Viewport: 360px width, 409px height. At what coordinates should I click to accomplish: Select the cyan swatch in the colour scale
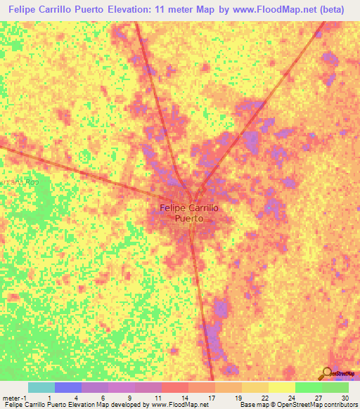click(x=41, y=387)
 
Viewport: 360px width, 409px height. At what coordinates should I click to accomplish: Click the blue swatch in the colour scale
click(x=67, y=387)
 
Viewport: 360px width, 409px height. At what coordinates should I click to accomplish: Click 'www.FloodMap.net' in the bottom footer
click(x=179, y=405)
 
